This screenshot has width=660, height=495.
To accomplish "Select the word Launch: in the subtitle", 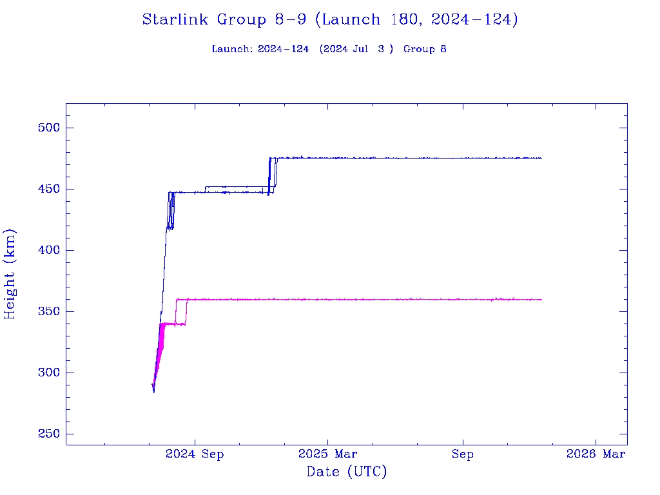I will click(x=233, y=50).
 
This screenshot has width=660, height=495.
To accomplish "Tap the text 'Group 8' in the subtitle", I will click(x=425, y=50).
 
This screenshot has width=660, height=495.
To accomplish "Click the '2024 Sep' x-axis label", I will click(x=195, y=454).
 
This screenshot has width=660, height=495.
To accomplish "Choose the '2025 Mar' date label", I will click(x=327, y=454).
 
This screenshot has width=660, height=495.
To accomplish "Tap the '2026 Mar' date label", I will click(x=596, y=454).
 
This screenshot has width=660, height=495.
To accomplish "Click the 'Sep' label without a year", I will click(x=462, y=454).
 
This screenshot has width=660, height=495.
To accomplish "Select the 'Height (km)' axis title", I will click(x=10, y=274).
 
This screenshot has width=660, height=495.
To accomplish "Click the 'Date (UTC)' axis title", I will click(x=347, y=472).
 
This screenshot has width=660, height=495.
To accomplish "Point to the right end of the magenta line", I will click(x=541, y=299).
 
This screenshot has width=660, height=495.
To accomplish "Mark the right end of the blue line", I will click(x=541, y=158).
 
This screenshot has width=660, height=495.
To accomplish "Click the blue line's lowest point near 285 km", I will click(x=153, y=391).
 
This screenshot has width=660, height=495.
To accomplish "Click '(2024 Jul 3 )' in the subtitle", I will click(x=356, y=50).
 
